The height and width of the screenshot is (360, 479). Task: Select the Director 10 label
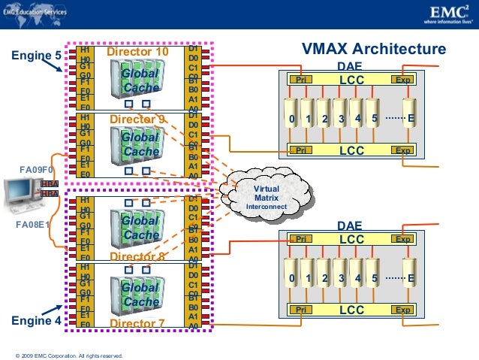tap(138, 53)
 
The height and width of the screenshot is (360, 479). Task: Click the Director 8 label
tap(137, 257)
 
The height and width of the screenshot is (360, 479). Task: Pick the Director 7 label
tap(137, 324)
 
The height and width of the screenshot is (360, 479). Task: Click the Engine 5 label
tap(35, 55)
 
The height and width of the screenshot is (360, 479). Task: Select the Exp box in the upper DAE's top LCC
tap(403, 79)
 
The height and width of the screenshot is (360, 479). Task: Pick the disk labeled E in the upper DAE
tap(410, 119)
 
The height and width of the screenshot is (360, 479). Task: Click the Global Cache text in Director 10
tap(140, 81)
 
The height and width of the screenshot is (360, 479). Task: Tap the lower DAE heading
tap(350, 225)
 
